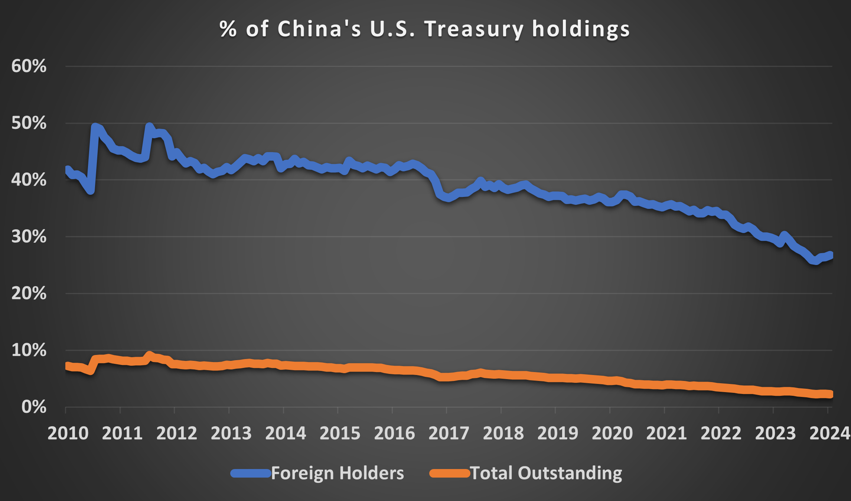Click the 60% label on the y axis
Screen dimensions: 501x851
point(29,67)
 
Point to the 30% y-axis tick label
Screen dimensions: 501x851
point(29,237)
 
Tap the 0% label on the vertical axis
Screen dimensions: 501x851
point(34,407)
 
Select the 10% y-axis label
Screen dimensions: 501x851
point(29,350)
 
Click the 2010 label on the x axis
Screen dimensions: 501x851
point(68,433)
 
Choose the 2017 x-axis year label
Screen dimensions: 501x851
point(449,433)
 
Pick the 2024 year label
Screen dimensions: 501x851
point(829,433)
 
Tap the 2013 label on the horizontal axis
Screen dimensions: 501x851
point(231,433)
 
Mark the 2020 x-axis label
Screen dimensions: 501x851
point(612,433)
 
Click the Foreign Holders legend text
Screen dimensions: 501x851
point(337,473)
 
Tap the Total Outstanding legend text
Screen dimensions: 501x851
point(546,473)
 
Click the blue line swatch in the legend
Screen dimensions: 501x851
point(251,473)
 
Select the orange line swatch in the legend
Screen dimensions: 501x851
point(450,473)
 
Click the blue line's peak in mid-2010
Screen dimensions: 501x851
point(95,127)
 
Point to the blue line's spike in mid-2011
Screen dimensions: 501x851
point(149,126)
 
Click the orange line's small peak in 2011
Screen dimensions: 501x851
point(149,355)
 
